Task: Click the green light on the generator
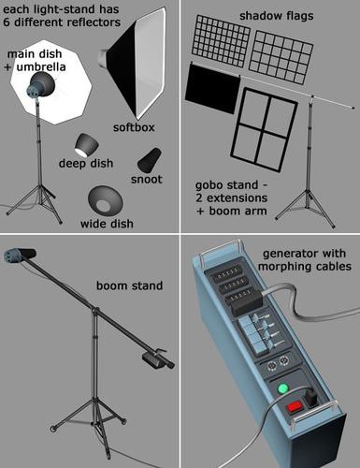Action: click(x=283, y=388)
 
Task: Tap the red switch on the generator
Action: click(x=295, y=407)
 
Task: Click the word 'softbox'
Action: click(x=134, y=127)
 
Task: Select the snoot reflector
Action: click(x=150, y=160)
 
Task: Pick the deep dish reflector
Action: click(x=86, y=145)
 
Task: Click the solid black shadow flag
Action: click(x=212, y=88)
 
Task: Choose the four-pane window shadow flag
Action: click(x=264, y=129)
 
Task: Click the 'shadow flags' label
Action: click(x=276, y=16)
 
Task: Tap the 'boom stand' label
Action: click(x=129, y=285)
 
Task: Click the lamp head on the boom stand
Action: click(x=20, y=255)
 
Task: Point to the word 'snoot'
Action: click(x=147, y=180)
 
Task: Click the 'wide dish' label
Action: click(x=107, y=224)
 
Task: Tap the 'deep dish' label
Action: click(x=86, y=163)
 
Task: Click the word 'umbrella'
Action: click(x=41, y=66)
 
